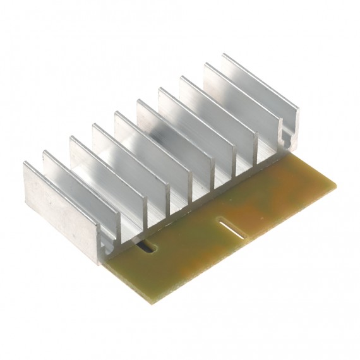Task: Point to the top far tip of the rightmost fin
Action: (x=224, y=56)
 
